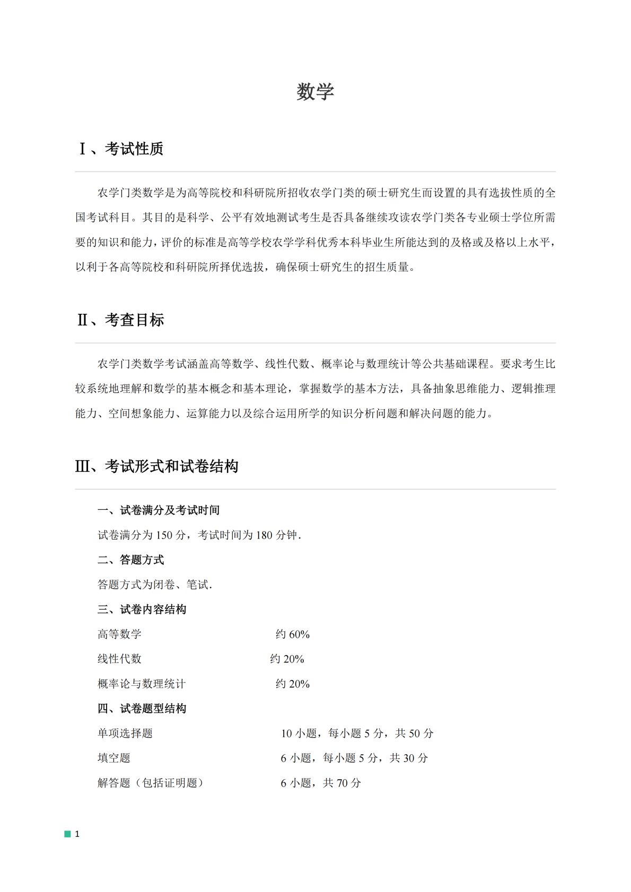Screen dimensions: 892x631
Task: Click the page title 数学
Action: coord(315,92)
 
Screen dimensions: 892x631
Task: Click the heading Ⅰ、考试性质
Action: coord(120,149)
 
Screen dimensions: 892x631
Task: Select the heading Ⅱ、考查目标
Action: coord(120,320)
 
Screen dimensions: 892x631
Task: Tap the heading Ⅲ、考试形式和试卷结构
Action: coord(157,466)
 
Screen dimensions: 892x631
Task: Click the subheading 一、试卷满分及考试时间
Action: coord(159,510)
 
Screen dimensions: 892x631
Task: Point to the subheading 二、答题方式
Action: coord(131,560)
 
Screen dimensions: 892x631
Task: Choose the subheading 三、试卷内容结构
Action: coord(142,610)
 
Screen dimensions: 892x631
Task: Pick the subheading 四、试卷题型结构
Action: coord(142,709)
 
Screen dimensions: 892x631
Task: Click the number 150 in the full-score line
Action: coord(164,535)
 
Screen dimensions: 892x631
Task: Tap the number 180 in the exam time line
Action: coord(264,535)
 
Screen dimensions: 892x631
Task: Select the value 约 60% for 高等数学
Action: coord(293,634)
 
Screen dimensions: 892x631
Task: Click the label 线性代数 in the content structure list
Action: coord(120,659)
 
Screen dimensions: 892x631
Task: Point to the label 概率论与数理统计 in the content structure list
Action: coord(142,684)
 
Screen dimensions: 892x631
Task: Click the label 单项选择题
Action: coord(125,734)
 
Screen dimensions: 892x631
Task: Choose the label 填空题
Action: coord(114,758)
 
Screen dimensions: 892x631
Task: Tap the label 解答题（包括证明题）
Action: coord(151,783)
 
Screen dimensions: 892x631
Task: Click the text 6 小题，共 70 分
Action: coord(321,783)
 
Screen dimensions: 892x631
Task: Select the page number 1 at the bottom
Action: coord(77,834)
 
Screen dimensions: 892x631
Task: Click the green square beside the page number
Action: coord(67,834)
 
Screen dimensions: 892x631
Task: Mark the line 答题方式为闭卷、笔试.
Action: coord(155,585)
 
